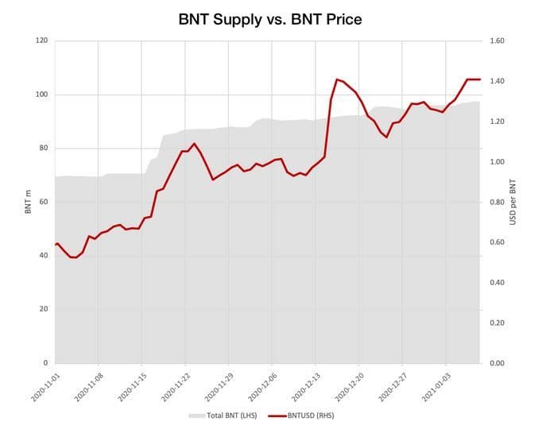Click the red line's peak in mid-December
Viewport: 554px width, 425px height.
(337, 79)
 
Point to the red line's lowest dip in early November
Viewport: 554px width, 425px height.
(74, 257)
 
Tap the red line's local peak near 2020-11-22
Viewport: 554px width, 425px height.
(194, 144)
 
